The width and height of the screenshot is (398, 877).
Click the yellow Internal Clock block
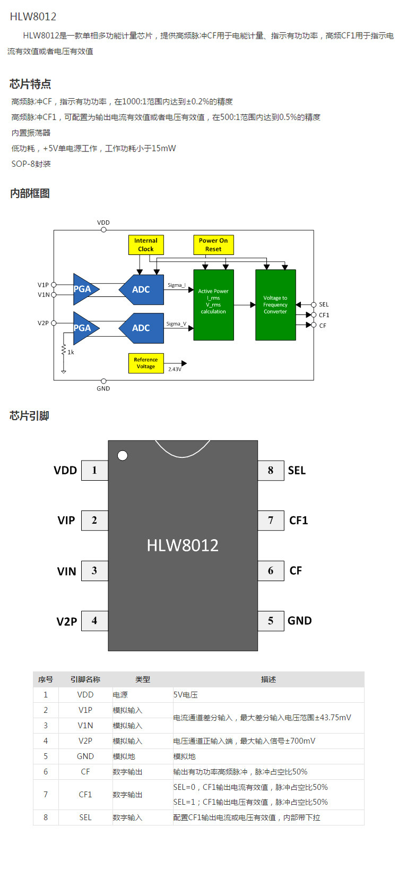point(146,245)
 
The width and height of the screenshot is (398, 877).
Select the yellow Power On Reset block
point(213,245)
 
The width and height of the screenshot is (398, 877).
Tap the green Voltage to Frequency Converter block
point(275,305)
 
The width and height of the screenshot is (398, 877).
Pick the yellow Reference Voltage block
point(146,363)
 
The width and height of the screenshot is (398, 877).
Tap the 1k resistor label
point(71,352)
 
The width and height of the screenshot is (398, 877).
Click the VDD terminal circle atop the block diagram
point(103,230)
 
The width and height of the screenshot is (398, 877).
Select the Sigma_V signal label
point(176,323)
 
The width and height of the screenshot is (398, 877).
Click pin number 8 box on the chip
point(271,471)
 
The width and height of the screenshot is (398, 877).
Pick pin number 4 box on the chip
point(94,620)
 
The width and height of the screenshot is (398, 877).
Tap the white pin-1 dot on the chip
point(123,455)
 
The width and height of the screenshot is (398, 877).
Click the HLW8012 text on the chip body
point(183,546)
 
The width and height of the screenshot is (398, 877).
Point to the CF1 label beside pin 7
point(298,521)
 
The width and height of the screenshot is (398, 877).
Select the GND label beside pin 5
point(299,620)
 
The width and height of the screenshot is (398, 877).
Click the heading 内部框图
point(30,193)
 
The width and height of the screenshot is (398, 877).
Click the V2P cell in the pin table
point(85,741)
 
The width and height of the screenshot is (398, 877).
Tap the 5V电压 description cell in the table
point(186,695)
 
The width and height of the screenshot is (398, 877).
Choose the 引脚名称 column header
point(85,679)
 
